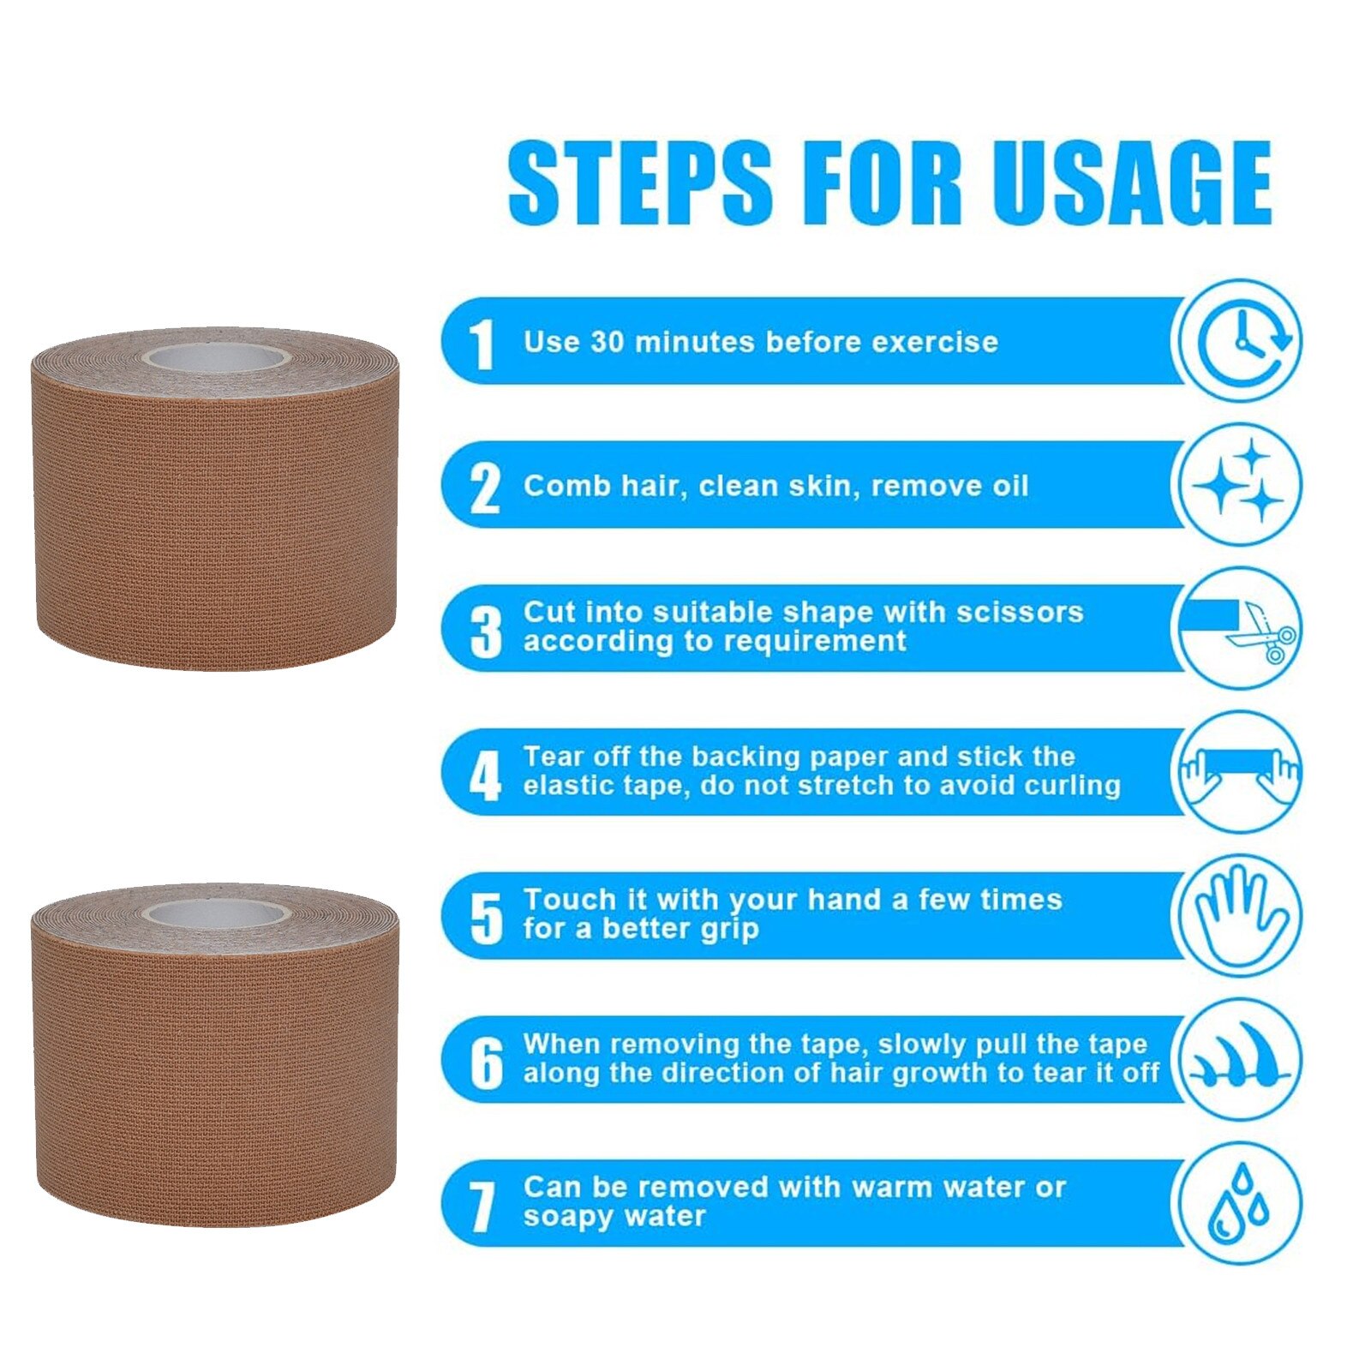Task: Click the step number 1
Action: [483, 345]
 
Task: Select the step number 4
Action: [485, 776]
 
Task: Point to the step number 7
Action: [483, 1208]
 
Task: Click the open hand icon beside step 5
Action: [1237, 915]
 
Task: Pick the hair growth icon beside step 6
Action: [1239, 1057]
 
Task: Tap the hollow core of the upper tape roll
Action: [216, 357]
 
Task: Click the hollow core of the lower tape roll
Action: [216, 913]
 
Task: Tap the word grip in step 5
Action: [728, 931]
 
